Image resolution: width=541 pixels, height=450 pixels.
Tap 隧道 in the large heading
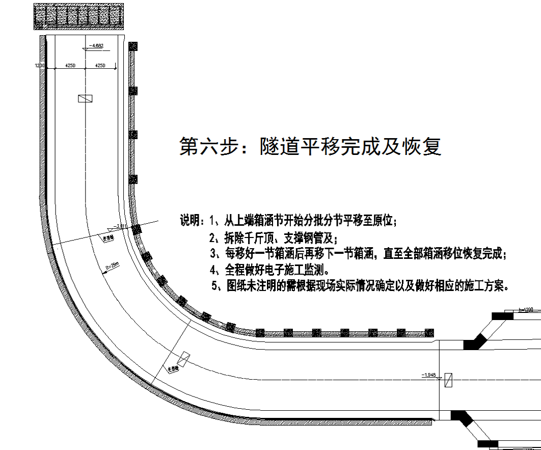click(x=279, y=147)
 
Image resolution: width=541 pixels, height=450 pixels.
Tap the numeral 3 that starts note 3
click(x=213, y=253)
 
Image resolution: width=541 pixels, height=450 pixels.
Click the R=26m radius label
click(x=112, y=267)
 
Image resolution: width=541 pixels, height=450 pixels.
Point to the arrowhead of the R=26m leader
click(x=103, y=274)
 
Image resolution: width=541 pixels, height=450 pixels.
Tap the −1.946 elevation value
click(x=429, y=375)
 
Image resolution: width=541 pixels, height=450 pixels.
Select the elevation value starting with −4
click(x=96, y=46)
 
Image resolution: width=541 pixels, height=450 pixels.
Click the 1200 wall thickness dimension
click(x=40, y=66)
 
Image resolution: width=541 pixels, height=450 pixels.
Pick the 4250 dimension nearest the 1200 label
click(x=70, y=66)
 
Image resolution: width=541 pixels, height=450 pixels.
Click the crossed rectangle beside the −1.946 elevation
click(x=448, y=380)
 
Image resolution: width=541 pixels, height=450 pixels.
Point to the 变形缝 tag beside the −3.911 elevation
click(x=109, y=237)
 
